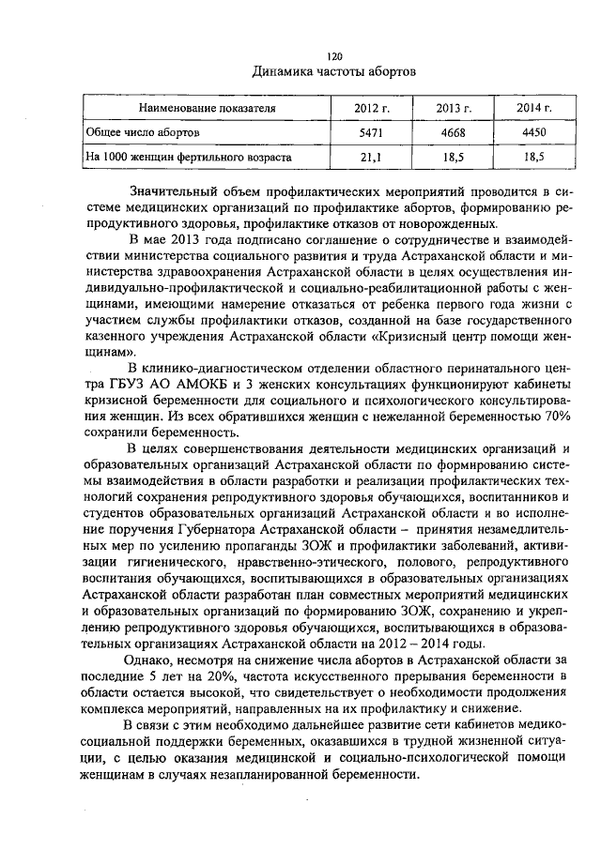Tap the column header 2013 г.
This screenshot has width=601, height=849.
454,109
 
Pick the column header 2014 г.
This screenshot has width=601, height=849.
533,109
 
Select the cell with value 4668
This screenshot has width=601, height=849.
454,133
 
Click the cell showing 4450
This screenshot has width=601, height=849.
533,133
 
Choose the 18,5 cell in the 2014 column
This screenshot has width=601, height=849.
533,157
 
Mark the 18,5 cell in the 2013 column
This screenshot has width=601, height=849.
454,157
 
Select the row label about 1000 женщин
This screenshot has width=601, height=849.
188,157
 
